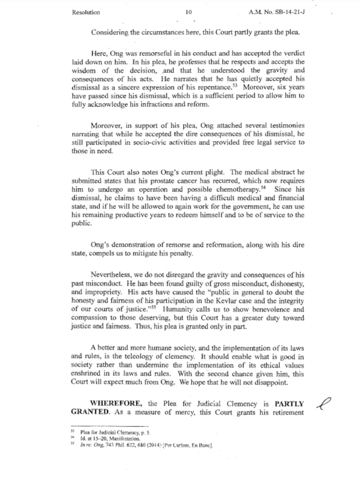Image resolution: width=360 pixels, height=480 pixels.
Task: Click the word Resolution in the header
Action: [x=86, y=13]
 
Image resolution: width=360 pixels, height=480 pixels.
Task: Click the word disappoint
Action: [x=270, y=382]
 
